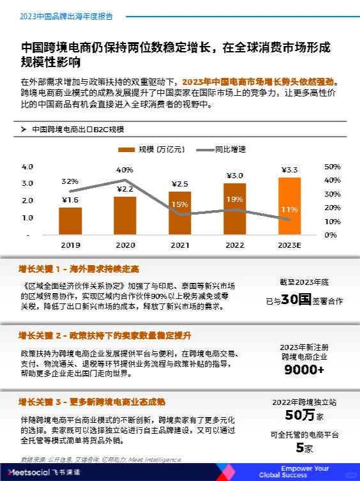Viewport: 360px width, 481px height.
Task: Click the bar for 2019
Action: tap(70, 221)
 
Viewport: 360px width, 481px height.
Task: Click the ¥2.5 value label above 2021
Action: tap(180, 184)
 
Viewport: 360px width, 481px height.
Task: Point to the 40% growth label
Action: tap(124, 170)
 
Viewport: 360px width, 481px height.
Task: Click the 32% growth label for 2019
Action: tap(70, 181)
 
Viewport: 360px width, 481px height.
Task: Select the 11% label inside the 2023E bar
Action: tap(289, 209)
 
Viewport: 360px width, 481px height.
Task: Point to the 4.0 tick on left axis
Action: tap(27, 167)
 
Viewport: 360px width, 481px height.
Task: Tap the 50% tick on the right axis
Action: tap(333, 167)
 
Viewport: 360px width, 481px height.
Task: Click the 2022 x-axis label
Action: tap(234, 245)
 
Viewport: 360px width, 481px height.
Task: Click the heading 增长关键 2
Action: tap(105, 335)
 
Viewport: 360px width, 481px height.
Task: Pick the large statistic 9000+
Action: tap(304, 370)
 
